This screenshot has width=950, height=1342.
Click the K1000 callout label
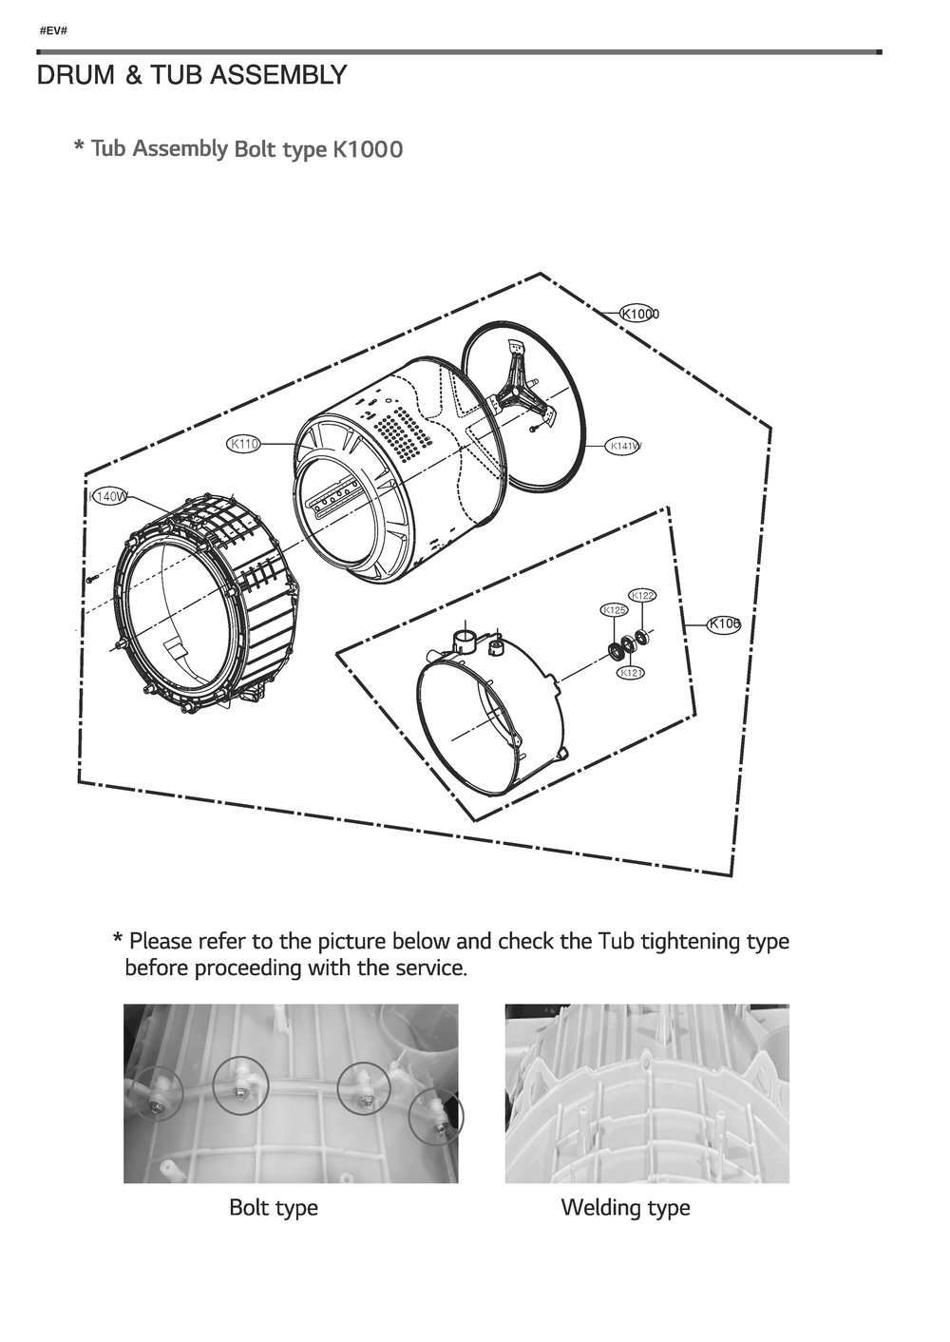(639, 314)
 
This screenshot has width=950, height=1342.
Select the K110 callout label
(244, 444)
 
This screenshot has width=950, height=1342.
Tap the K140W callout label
(109, 496)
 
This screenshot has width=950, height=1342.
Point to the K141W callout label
(624, 446)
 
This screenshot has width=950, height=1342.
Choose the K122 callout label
(642, 596)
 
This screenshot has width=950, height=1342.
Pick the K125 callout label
(614, 610)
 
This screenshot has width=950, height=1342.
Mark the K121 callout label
(631, 673)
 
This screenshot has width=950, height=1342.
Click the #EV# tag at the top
(53, 31)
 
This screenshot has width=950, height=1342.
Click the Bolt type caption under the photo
(274, 1208)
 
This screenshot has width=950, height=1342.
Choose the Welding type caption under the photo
(625, 1208)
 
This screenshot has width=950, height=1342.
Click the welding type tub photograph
(646, 1093)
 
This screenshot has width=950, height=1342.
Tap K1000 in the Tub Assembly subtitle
(367, 149)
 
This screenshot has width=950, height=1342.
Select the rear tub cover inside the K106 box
(489, 713)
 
